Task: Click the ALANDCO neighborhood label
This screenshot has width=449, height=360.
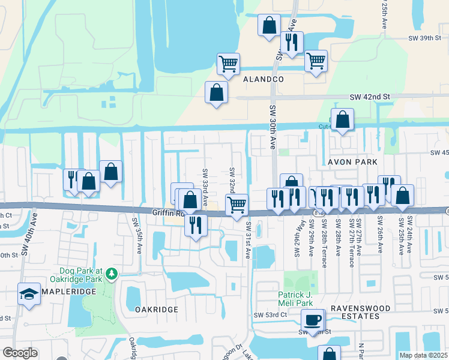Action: click(x=262, y=79)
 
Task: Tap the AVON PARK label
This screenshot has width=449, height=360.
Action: click(x=352, y=162)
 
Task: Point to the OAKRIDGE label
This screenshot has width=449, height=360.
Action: click(x=156, y=309)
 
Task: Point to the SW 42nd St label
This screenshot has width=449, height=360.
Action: click(x=370, y=96)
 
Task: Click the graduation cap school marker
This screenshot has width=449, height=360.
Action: click(x=29, y=294)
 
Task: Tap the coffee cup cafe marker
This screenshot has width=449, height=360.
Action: click(x=312, y=320)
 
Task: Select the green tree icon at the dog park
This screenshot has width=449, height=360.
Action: click(x=110, y=274)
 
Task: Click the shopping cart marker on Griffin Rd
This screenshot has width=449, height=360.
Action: click(x=237, y=204)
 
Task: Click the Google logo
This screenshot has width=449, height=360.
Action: click(x=20, y=353)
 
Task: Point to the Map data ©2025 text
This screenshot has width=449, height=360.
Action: click(x=424, y=355)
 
